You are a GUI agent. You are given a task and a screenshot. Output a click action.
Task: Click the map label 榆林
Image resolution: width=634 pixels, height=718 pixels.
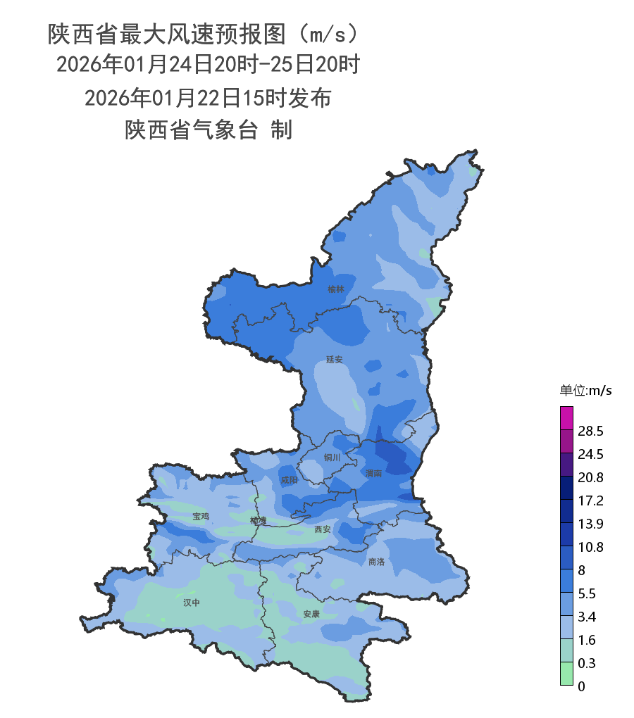336,289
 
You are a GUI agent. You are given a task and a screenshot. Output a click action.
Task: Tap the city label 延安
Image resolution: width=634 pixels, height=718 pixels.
334,360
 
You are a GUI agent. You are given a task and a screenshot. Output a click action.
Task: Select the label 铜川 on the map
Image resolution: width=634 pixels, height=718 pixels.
332,458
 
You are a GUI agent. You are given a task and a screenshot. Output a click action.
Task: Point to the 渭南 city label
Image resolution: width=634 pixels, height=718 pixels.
374,473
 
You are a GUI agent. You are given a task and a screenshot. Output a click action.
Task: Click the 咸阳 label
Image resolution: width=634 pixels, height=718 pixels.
289,480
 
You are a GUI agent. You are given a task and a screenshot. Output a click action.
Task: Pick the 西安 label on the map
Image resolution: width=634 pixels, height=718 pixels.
323,529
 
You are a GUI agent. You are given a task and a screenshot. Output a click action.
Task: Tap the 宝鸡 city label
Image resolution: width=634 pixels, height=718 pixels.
201,517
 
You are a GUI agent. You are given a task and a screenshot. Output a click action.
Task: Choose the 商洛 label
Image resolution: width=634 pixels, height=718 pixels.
377,562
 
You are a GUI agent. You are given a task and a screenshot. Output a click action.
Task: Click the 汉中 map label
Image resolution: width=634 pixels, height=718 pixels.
192,603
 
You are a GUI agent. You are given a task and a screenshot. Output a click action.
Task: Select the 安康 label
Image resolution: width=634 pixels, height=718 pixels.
311,614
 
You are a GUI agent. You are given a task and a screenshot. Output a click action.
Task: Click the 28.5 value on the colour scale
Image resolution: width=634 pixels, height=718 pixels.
590,431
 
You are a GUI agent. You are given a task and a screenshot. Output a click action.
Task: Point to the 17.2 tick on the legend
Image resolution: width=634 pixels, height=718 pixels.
590,500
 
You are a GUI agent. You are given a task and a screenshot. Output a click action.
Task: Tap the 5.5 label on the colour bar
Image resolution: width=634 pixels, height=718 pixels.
587,593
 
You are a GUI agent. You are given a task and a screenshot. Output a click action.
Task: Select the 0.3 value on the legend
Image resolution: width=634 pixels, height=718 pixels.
587,663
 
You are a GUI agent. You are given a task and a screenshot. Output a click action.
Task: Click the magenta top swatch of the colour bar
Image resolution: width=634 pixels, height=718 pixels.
566,417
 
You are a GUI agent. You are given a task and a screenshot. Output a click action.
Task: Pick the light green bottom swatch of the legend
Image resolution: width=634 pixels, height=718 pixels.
566,674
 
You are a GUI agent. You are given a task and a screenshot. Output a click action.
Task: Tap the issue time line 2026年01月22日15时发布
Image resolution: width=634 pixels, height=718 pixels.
208,98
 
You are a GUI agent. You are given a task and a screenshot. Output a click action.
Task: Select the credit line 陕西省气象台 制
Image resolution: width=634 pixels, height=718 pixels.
208,130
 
